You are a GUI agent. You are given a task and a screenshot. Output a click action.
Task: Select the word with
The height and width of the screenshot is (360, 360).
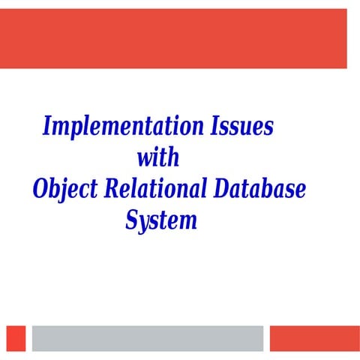pos(158,157)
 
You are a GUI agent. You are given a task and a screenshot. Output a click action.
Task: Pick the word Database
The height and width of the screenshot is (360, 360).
pos(258,189)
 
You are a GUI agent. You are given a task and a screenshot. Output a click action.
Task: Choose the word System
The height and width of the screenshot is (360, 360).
pos(160,221)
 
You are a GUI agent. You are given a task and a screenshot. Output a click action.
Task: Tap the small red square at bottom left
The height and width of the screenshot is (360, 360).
pos(16,337)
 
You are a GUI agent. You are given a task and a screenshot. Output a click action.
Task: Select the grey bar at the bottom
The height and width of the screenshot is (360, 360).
pos(148,337)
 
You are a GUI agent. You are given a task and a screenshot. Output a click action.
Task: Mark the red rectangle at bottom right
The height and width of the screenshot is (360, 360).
pos(309,337)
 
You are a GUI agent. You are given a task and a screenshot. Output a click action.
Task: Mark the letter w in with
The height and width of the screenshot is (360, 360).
pos(145,159)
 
